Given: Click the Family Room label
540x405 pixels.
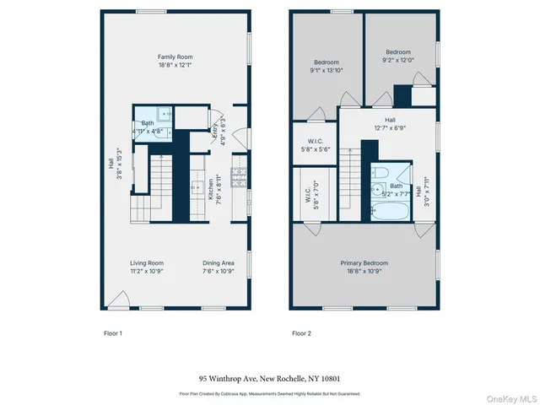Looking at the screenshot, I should click(175, 57).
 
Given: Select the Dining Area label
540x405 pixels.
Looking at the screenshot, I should click(219, 262).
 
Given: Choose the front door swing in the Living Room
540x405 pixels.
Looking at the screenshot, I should click(119, 299).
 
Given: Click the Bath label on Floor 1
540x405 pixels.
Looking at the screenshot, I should click(148, 123).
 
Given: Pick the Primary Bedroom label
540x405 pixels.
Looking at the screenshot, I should click(364, 262).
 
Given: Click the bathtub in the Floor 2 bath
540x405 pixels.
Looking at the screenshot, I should click(389, 206).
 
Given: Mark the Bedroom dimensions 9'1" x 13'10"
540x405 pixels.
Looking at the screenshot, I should click(327, 71).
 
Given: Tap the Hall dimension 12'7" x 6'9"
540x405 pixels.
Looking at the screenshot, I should click(389, 129).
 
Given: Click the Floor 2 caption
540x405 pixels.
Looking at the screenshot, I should click(302, 333).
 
